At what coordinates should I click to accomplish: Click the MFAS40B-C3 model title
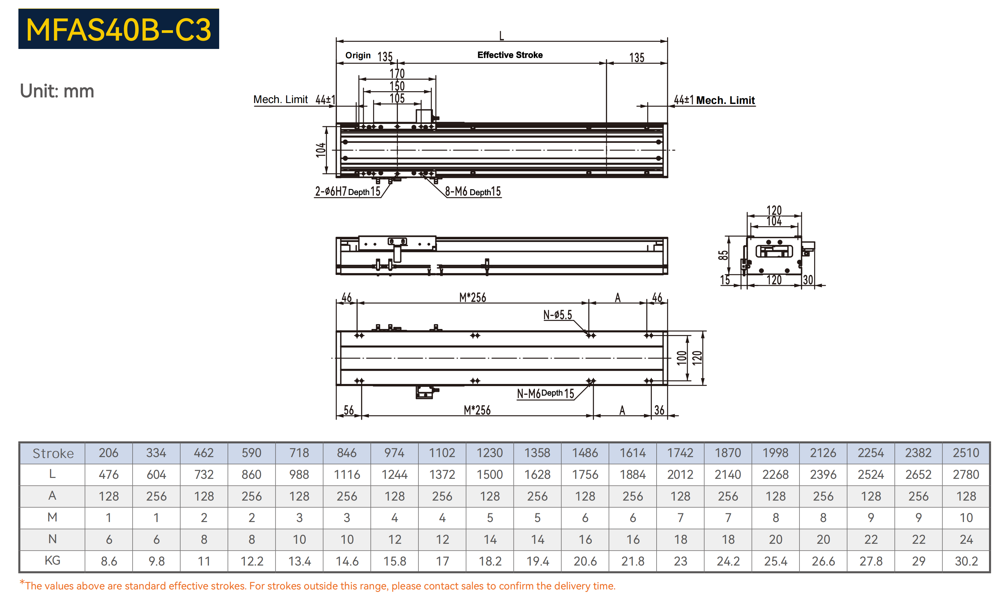(x=119, y=30)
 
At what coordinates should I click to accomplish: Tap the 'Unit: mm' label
(x=57, y=91)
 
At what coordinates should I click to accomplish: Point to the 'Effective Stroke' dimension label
(x=510, y=55)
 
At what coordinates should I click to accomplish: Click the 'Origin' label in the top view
(x=358, y=55)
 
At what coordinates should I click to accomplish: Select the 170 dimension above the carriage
(x=397, y=73)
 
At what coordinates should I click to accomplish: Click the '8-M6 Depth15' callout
(x=473, y=192)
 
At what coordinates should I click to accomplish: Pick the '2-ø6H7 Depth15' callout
(x=347, y=192)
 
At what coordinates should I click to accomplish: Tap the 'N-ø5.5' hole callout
(x=558, y=315)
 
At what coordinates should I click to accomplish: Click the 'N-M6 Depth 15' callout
(x=545, y=393)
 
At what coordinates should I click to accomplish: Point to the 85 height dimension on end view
(x=723, y=255)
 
